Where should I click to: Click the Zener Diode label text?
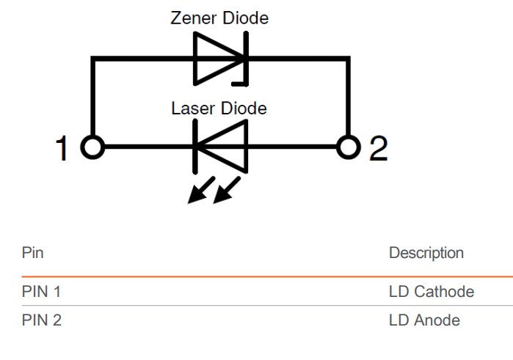(219, 18)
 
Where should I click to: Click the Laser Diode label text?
(219, 109)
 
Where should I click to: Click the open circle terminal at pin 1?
(92, 147)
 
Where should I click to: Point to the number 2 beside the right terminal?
(378, 149)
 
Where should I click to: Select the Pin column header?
(32, 253)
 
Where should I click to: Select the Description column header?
(426, 253)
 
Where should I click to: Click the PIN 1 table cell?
(41, 292)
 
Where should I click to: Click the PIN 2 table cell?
(41, 320)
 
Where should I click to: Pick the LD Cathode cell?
(431, 292)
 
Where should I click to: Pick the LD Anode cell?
(424, 320)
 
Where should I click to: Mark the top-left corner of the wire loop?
(93, 57)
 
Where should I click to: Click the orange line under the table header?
(257, 276)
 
